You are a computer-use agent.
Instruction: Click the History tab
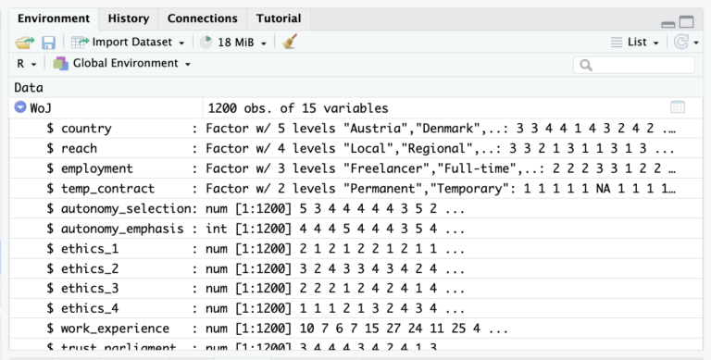pos(128,19)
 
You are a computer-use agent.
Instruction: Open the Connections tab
pos(202,19)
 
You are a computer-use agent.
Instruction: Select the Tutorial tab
pos(278,19)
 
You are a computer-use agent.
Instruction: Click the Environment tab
pos(54,19)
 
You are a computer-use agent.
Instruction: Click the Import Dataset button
pos(129,43)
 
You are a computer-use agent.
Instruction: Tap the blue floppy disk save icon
pos(48,43)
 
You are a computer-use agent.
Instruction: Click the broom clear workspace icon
pos(290,43)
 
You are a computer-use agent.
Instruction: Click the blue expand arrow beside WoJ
pos(20,108)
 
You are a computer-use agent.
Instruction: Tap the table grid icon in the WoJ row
pos(678,108)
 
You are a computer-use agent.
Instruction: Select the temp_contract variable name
pos(105,189)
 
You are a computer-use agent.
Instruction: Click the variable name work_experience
pos(115,329)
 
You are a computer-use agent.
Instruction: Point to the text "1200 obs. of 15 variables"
pos(298,108)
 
